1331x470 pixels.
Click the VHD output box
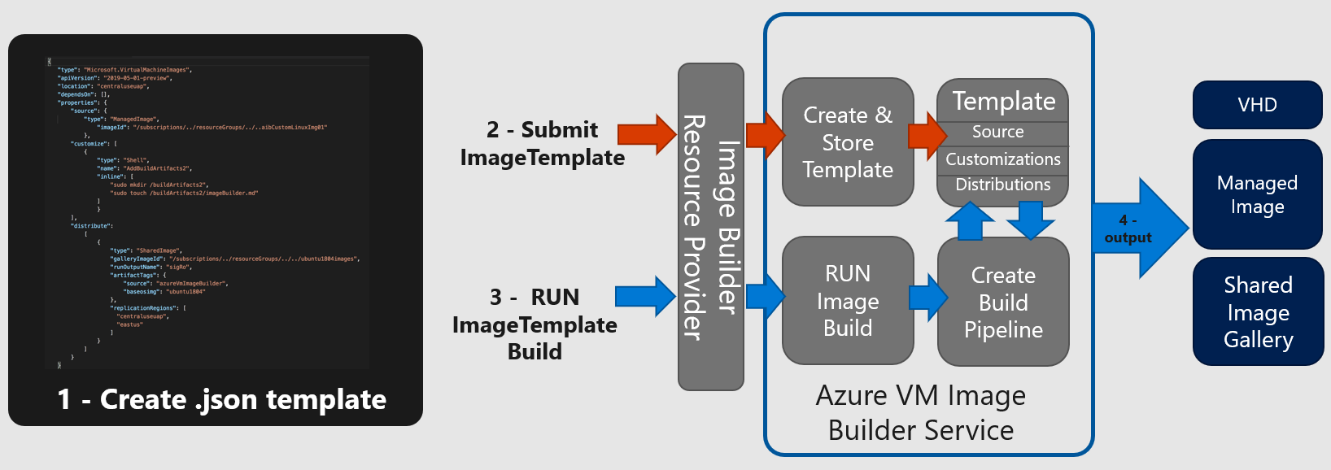1257,105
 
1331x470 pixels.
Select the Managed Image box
1257,194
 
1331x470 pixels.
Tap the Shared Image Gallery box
1258,311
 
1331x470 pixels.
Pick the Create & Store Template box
848,142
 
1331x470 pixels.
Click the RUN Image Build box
848,300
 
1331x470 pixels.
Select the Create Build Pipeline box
1003,302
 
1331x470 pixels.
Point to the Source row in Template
998,132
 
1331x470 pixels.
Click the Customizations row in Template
1002,159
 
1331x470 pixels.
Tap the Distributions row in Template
1002,185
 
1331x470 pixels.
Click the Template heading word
1004,101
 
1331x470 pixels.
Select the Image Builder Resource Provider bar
710,227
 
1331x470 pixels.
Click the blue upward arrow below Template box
970,220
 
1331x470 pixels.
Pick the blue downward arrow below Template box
1030,219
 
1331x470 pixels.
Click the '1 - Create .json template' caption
221,399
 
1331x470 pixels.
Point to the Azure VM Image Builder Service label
920,412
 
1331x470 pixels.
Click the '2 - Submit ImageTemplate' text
542,143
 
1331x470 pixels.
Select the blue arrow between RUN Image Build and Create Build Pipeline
927,297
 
